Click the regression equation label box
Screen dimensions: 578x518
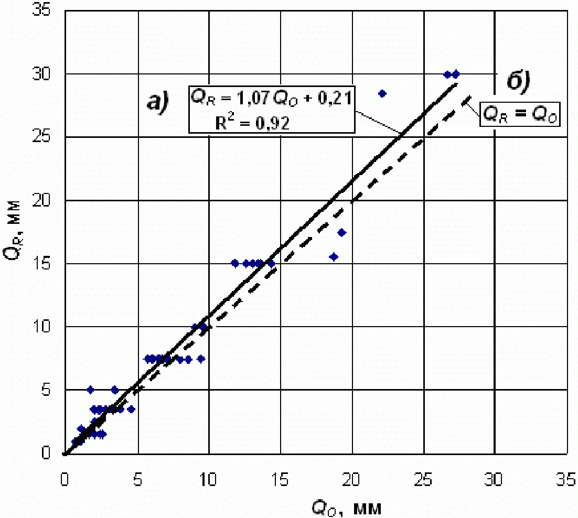tap(272, 110)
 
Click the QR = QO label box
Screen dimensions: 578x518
tap(520, 115)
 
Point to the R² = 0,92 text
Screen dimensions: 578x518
tap(252, 123)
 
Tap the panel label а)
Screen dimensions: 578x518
tap(158, 101)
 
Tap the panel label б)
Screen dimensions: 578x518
tap(519, 81)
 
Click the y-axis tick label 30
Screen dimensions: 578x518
tap(41, 74)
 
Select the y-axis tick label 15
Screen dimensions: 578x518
tap(41, 264)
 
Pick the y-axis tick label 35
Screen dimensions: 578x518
tap(41, 10)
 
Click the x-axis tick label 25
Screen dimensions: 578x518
tap(424, 480)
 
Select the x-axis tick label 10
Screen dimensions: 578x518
tap(208, 480)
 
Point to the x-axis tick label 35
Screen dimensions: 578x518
tap(566, 480)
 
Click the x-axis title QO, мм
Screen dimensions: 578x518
tap(347, 509)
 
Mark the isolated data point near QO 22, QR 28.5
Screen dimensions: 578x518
tap(382, 93)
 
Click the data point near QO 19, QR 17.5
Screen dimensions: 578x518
tap(342, 232)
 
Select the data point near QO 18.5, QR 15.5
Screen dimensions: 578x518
tap(334, 257)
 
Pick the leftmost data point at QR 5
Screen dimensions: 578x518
tap(90, 390)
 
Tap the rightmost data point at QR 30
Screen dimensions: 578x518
tap(456, 74)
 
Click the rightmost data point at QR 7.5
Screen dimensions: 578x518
tap(201, 359)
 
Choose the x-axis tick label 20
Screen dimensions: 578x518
tap(351, 480)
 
